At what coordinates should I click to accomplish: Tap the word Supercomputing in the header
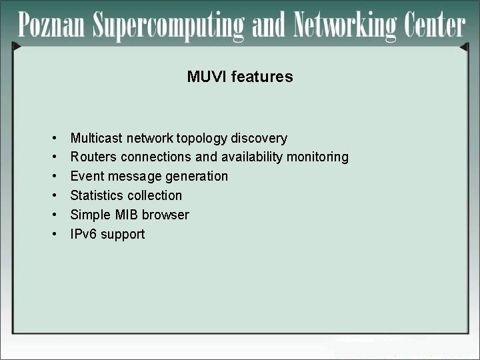(x=169, y=27)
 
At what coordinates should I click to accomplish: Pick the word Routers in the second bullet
(x=94, y=157)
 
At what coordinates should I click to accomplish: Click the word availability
(x=251, y=157)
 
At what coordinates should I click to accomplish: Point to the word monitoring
(x=318, y=157)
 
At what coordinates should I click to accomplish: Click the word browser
(x=166, y=215)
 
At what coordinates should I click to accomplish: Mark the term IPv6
(x=84, y=234)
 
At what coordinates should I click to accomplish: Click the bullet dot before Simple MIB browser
(x=53, y=215)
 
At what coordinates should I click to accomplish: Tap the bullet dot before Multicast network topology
(x=53, y=138)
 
